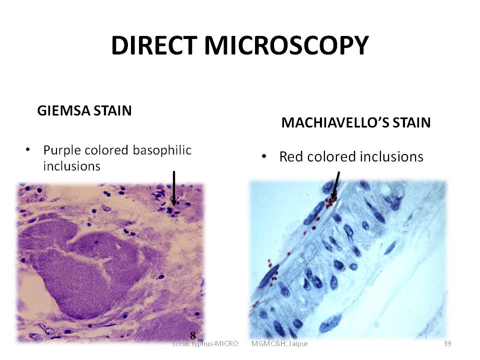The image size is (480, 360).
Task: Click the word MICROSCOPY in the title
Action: [x=286, y=45]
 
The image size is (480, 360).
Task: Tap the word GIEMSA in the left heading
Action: [x=63, y=110]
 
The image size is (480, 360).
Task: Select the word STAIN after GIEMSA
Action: [x=112, y=110]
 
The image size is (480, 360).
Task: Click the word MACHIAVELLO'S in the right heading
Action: [x=335, y=123]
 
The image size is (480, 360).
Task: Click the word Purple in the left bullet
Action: [x=62, y=150]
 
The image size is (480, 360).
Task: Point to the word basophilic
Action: [x=162, y=150]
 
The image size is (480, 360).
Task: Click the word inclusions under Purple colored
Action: [x=71, y=166]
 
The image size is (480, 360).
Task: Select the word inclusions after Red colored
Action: [x=391, y=156]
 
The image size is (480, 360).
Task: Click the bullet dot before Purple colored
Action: [x=28, y=149]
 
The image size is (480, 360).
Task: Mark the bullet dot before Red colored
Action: [x=264, y=156]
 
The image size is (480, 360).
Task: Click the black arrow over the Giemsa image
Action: [x=174, y=188]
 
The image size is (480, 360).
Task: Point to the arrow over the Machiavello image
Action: [x=336, y=184]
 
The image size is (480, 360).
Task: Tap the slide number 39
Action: [x=447, y=343]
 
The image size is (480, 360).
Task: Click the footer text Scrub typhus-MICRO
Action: [x=205, y=343]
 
